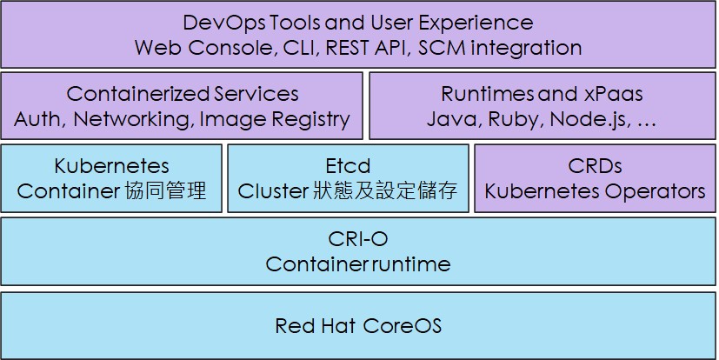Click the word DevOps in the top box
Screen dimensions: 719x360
[x=223, y=23]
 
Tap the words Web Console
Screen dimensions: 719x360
[x=205, y=48]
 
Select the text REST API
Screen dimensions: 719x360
[x=366, y=48]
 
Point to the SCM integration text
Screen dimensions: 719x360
[x=500, y=48]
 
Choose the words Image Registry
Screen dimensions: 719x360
[x=275, y=120]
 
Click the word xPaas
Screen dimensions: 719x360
[x=614, y=94]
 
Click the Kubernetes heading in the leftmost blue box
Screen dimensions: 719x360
[x=111, y=166]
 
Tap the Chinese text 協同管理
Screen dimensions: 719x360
[x=165, y=190]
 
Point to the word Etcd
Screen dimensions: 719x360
[x=348, y=166]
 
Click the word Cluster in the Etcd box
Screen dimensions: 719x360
[x=272, y=191]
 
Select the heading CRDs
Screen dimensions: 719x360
[x=596, y=166]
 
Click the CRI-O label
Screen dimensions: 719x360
[x=357, y=239]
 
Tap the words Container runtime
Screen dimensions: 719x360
[x=357, y=264]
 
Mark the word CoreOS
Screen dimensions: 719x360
[x=403, y=326]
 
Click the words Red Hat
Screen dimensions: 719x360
[x=315, y=326]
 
